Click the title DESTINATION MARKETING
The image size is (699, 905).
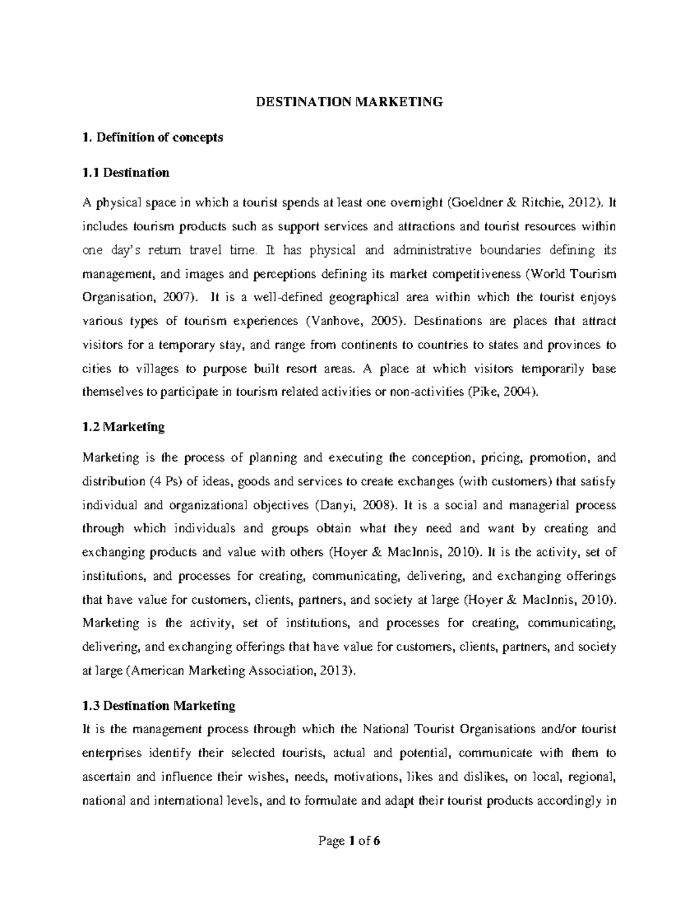click(x=349, y=103)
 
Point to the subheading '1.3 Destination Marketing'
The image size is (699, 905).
click(x=159, y=706)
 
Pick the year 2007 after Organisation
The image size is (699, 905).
click(x=174, y=297)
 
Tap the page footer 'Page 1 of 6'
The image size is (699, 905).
click(x=349, y=841)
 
